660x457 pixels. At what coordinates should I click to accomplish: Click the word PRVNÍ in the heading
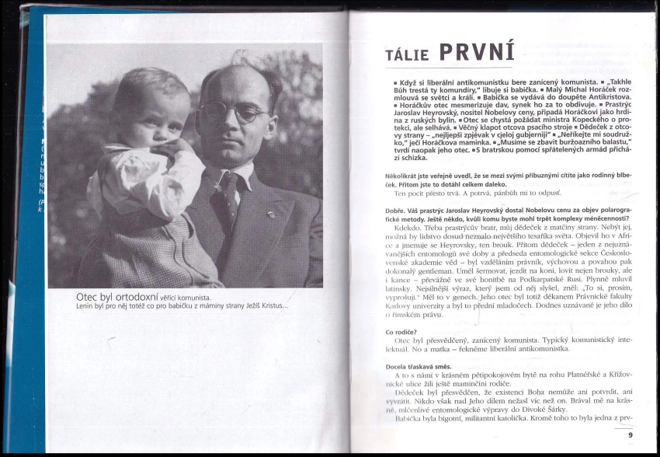pos(477,51)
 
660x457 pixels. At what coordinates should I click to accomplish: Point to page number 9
pos(630,434)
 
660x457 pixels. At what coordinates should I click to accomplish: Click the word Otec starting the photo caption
pos(88,297)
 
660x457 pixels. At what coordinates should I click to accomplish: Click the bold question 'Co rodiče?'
pos(401,332)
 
